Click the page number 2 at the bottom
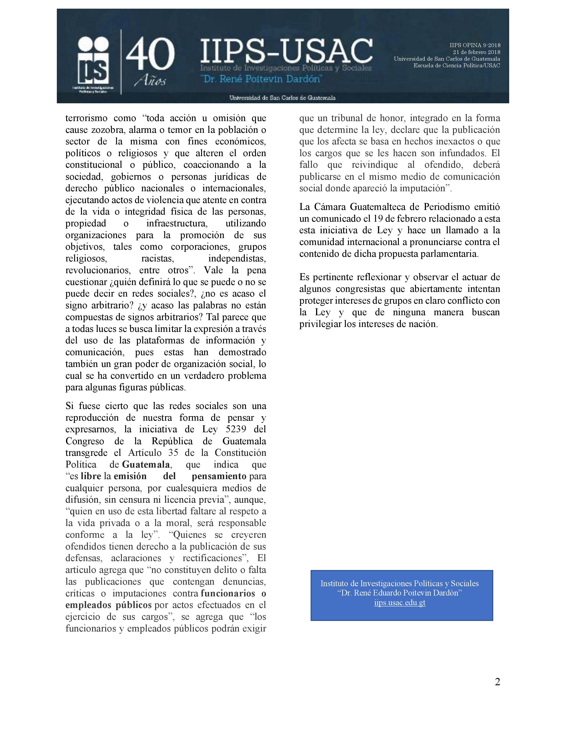click(x=497, y=682)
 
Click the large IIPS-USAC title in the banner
click(x=286, y=51)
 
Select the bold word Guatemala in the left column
click(x=146, y=464)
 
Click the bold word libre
click(x=91, y=476)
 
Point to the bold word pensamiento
click(x=219, y=476)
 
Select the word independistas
click(x=237, y=258)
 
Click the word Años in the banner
click(x=150, y=81)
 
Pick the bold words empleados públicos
click(x=109, y=605)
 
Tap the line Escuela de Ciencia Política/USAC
click(x=457, y=66)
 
